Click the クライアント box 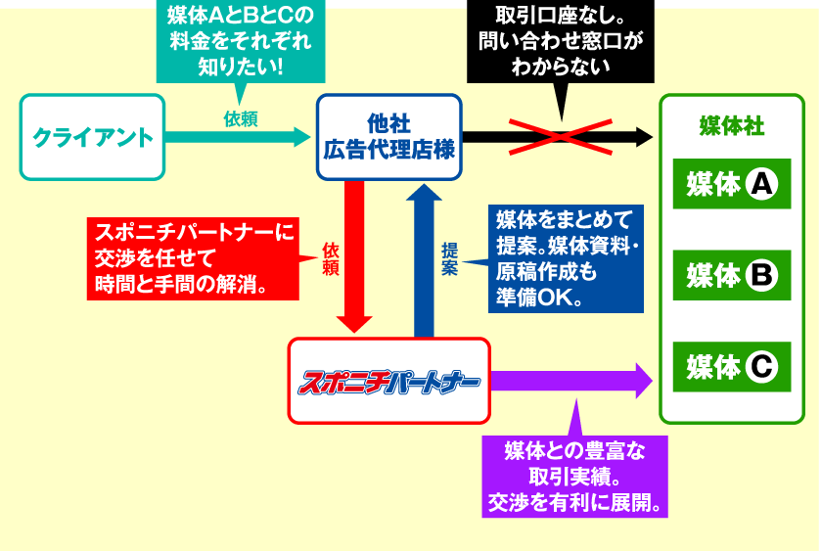92,137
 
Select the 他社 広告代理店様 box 389,137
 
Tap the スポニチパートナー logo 388,383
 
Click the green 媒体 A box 732,184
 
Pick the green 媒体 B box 732,276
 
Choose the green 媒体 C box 732,367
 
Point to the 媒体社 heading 732,126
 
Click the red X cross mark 561,137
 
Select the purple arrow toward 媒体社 571,381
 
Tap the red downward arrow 354,256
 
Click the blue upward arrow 424,260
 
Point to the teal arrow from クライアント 238,137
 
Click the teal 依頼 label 241,119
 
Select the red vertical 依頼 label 331,258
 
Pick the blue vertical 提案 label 449,258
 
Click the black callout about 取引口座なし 561,41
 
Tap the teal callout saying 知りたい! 241,41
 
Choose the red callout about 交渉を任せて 193,258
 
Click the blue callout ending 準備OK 566,258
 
